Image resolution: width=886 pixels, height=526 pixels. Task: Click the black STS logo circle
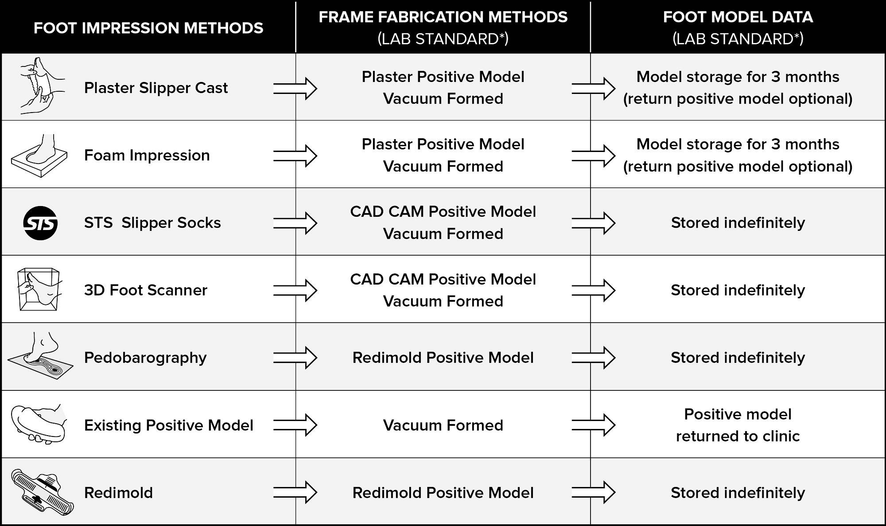pyautogui.click(x=40, y=223)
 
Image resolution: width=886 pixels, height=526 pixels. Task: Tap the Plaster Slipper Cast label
pyautogui.click(x=156, y=88)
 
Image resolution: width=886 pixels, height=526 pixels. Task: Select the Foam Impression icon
pyautogui.click(x=39, y=156)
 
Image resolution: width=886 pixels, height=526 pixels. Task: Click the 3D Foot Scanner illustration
pyautogui.click(x=39, y=290)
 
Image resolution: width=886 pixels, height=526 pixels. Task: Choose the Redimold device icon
pyautogui.click(x=43, y=492)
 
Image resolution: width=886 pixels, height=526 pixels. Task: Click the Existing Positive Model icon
pyautogui.click(x=39, y=424)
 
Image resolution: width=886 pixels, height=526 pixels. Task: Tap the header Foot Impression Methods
pyautogui.click(x=148, y=28)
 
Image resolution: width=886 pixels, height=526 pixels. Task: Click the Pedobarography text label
pyautogui.click(x=145, y=358)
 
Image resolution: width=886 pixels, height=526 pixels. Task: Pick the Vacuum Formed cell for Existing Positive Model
pyautogui.click(x=443, y=425)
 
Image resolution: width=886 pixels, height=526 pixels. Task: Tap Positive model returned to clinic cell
pyautogui.click(x=738, y=425)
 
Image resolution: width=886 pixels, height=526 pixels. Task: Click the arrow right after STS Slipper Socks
pyautogui.click(x=295, y=223)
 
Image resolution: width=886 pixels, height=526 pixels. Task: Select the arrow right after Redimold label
pyautogui.click(x=295, y=493)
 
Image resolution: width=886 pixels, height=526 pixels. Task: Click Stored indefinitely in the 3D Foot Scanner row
pyautogui.click(x=738, y=290)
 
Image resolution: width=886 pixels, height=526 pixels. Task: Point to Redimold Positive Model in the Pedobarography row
pyautogui.click(x=443, y=358)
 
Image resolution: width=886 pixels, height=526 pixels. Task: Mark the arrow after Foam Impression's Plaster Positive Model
pyautogui.click(x=594, y=156)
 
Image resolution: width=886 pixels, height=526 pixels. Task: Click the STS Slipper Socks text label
pyautogui.click(x=152, y=223)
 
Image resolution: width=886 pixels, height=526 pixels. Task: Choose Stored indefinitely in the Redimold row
pyautogui.click(x=738, y=493)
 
